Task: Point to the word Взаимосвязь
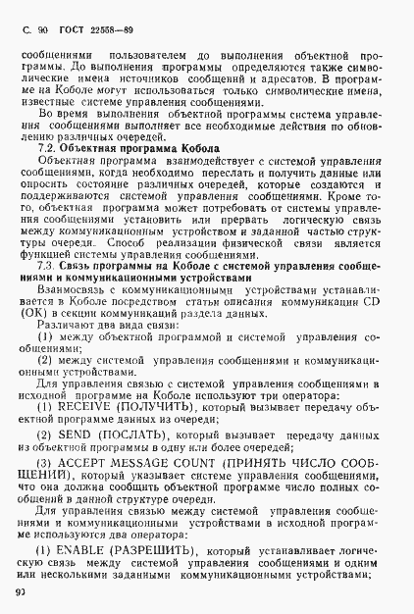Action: tap(75, 288)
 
